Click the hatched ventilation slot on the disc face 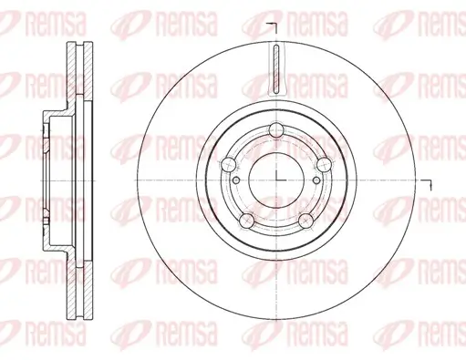pos(275,67)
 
